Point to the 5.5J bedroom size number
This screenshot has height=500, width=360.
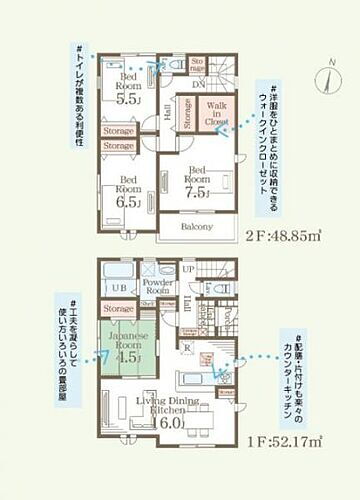point(128,99)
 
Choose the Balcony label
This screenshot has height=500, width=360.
point(196,227)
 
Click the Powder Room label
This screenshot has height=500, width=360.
point(160,287)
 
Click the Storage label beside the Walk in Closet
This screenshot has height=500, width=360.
point(187,119)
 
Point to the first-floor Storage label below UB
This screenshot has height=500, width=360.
point(118,309)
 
